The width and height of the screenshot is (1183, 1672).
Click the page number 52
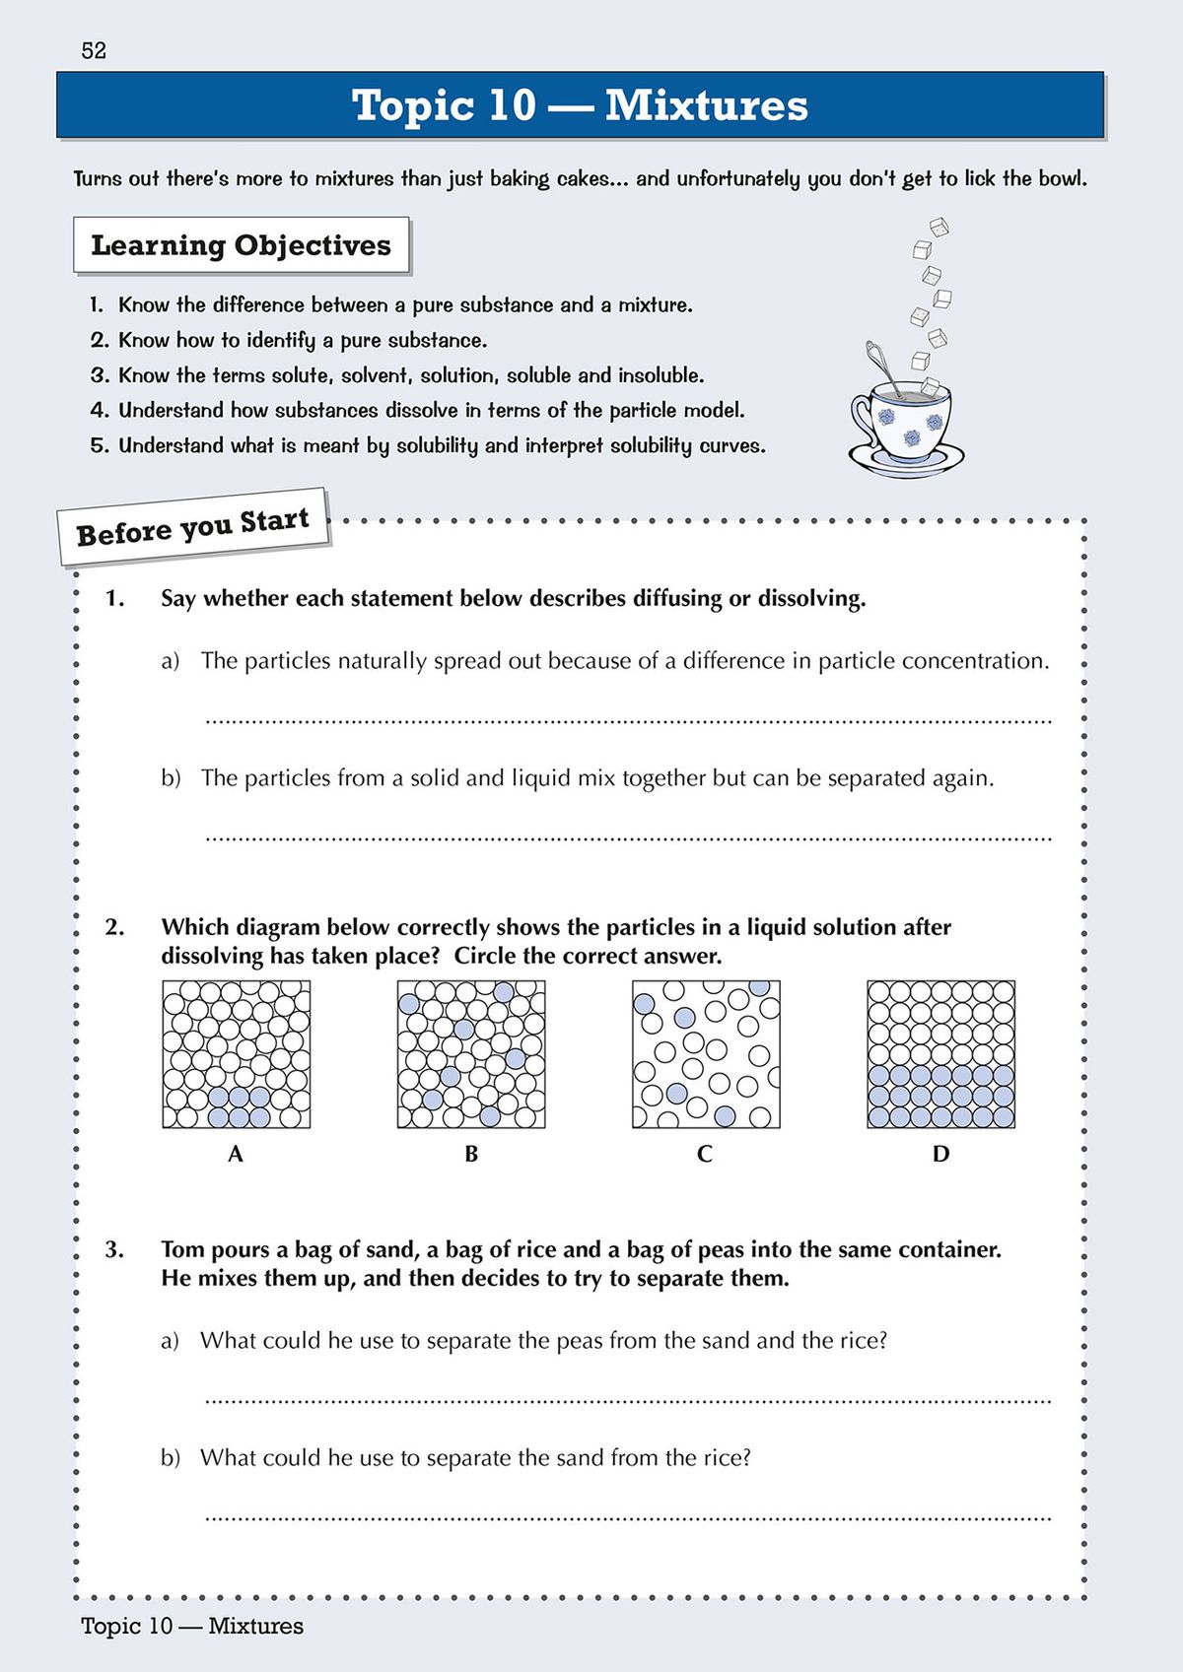[94, 51]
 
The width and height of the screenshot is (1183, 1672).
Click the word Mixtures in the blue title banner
[706, 105]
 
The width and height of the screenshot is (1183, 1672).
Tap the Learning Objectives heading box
[241, 245]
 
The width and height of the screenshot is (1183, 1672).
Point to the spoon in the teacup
[885, 368]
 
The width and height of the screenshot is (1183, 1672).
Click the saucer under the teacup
[906, 460]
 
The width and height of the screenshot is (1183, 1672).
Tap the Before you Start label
[193, 526]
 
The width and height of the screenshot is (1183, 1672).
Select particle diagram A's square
[237, 1054]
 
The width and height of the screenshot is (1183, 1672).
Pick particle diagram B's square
[471, 1054]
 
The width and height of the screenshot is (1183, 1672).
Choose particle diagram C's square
[706, 1054]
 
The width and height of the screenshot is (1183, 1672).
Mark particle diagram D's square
[940, 1054]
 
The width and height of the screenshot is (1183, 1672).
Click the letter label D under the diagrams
[940, 1154]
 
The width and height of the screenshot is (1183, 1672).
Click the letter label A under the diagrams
[236, 1154]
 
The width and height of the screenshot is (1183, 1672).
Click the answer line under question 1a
[627, 721]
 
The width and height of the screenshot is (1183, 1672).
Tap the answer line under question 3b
[627, 1518]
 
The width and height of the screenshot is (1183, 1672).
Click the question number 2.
[114, 927]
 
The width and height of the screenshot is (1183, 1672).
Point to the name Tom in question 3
[182, 1249]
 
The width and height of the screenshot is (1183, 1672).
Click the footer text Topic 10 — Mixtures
[192, 1626]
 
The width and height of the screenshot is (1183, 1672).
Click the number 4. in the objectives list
[99, 410]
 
